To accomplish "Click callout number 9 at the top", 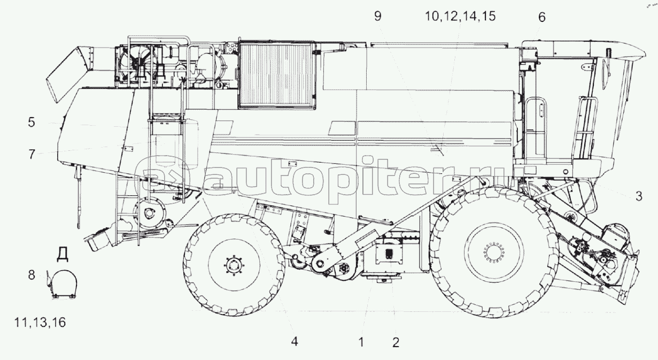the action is pyautogui.click(x=378, y=16).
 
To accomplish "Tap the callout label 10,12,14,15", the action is pyautogui.click(x=460, y=16).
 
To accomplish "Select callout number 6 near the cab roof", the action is pyautogui.click(x=542, y=17).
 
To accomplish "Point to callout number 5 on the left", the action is pyautogui.click(x=32, y=122).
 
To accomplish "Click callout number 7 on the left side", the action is pyautogui.click(x=32, y=154).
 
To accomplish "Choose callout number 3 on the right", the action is pyautogui.click(x=639, y=196).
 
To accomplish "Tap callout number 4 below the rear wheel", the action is pyautogui.click(x=295, y=341).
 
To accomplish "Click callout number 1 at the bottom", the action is pyautogui.click(x=361, y=342).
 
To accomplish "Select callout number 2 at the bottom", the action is pyautogui.click(x=396, y=342).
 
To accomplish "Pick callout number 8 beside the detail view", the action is pyautogui.click(x=32, y=275).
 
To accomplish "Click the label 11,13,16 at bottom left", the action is pyautogui.click(x=40, y=323).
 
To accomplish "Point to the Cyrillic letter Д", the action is pyautogui.click(x=63, y=254).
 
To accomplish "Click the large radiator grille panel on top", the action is pyautogui.click(x=277, y=75).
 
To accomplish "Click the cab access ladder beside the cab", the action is pyautogui.click(x=585, y=129).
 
